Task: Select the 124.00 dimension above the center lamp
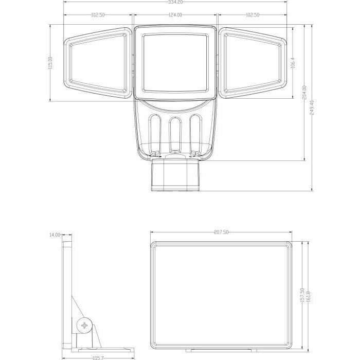click(x=175, y=15)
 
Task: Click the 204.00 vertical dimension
click(x=304, y=93)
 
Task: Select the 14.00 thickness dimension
click(x=55, y=235)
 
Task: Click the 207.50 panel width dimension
click(x=221, y=232)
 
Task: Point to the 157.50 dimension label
click(x=302, y=297)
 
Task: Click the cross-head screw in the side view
click(x=85, y=326)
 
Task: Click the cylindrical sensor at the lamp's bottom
click(x=175, y=176)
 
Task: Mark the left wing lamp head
click(x=98, y=62)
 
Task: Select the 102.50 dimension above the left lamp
click(x=98, y=15)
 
